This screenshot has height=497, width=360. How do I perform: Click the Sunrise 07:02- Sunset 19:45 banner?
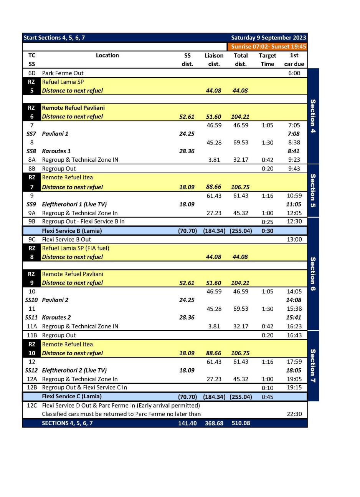point(268,46)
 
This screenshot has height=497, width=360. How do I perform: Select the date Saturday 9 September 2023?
point(268,38)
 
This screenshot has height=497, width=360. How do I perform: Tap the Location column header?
point(107,55)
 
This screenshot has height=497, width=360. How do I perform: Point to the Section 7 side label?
point(313,366)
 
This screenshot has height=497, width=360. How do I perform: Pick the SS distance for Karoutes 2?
point(187,317)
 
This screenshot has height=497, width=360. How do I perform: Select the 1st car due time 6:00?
point(294,73)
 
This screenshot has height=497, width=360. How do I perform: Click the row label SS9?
point(31,204)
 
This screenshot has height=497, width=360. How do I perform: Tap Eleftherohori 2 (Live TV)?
point(74,370)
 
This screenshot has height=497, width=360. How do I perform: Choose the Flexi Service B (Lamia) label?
point(72,231)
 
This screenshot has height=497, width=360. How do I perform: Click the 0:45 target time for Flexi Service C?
point(267,397)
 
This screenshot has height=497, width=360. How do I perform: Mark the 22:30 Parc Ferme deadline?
point(294,414)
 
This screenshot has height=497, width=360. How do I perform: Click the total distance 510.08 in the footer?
point(241,423)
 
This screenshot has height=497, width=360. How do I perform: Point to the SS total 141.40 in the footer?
point(187,423)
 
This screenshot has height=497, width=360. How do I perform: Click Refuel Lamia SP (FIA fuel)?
point(75,248)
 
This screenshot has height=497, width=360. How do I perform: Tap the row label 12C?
point(32,405)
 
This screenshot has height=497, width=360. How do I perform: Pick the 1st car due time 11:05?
point(294,204)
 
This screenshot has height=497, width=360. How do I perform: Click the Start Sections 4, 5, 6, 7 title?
point(54,38)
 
